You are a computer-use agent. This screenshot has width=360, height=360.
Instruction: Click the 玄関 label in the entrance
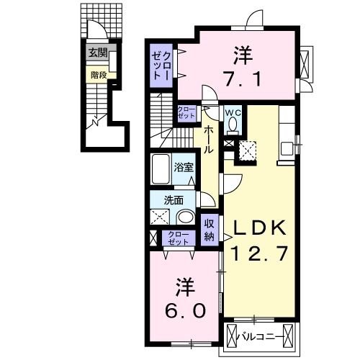point(98,53)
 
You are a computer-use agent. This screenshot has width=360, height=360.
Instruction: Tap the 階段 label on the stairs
point(98,73)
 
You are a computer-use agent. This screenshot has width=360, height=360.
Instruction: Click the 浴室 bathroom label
point(184,168)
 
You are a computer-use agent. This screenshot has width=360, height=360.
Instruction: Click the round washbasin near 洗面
point(185,216)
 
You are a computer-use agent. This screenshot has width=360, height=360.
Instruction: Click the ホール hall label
point(208,139)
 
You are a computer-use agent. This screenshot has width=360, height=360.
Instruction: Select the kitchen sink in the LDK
point(289,148)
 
